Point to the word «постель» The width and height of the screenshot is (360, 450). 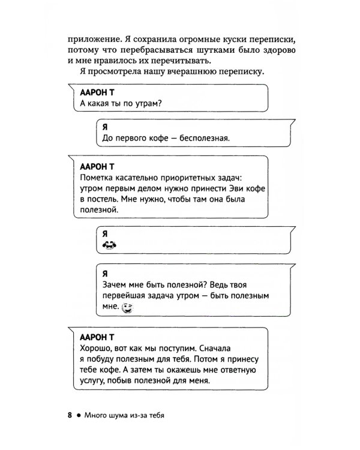coord(105,200)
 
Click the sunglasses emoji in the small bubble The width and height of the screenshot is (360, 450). coord(109,245)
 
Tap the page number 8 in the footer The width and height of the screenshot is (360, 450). coord(70,415)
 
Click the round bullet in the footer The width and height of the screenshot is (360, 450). coord(79,415)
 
